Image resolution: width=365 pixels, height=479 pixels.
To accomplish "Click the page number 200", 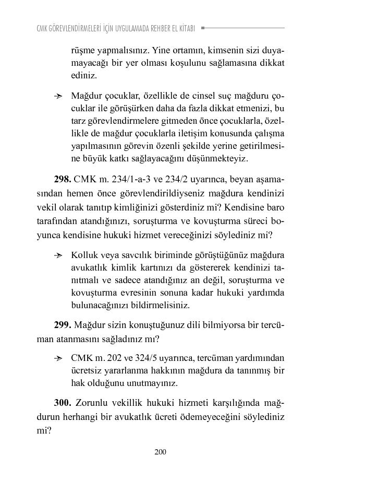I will pyautogui.click(x=160, y=452).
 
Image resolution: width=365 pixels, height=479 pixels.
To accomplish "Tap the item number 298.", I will pyautogui.click(x=63, y=179).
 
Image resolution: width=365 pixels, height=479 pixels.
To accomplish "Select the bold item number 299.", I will pyautogui.click(x=63, y=325).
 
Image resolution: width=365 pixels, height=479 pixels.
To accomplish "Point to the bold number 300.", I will pyautogui.click(x=63, y=403).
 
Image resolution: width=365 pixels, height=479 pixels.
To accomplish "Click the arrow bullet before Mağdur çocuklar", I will pyautogui.click(x=58, y=96).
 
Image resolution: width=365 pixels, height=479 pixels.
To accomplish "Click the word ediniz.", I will pyautogui.click(x=84, y=75).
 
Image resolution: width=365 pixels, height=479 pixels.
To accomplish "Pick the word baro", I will pyautogui.click(x=275, y=207).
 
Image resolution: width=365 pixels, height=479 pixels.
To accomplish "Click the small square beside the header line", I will pyautogui.click(x=202, y=28).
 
